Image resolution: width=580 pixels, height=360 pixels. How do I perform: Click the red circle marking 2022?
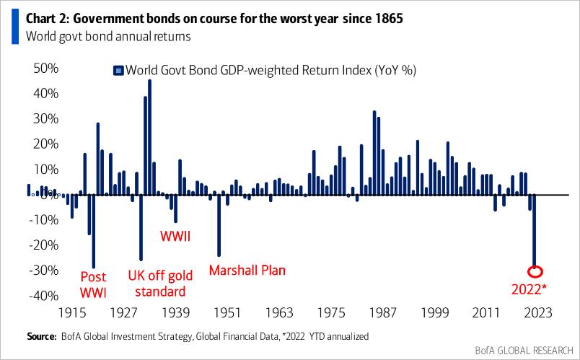(535, 272)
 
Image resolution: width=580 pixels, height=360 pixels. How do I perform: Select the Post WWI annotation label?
(92, 284)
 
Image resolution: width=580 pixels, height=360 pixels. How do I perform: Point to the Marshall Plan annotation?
(247, 271)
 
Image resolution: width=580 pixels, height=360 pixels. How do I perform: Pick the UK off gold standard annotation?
(157, 284)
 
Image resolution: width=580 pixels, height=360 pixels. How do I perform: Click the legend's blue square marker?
(118, 71)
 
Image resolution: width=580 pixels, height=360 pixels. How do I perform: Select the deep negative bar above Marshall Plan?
(219, 225)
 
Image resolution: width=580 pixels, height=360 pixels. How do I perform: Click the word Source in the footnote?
(42, 337)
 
